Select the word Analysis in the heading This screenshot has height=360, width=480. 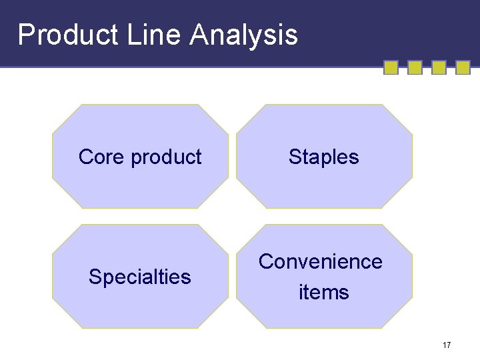[243, 35]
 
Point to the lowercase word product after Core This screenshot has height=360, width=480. [166, 158]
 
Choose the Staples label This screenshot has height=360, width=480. [324, 158]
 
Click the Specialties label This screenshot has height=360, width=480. [140, 277]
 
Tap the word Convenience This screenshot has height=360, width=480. [321, 262]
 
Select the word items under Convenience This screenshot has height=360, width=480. [324, 292]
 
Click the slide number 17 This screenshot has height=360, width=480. [447, 345]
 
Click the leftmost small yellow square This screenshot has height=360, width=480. [391, 67]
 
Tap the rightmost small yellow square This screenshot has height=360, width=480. [463, 67]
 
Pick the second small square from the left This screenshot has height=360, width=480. [415, 67]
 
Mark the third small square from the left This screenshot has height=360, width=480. [439, 67]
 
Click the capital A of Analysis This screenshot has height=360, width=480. [198, 35]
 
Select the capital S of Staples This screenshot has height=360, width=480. [295, 157]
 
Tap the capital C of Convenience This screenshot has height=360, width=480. [266, 262]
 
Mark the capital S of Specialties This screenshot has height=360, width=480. [95, 277]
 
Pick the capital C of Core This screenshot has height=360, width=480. [85, 157]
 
